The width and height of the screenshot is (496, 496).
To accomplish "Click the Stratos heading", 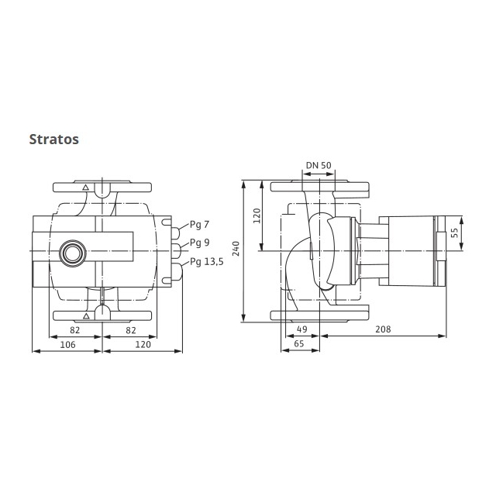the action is click(x=53, y=139).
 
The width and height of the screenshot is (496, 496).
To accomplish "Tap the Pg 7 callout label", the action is click(x=200, y=225).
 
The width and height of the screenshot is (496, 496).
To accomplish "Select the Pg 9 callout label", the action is click(x=200, y=243).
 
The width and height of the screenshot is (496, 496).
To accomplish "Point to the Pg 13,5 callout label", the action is click(x=207, y=262).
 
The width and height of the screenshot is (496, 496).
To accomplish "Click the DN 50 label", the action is click(x=319, y=165).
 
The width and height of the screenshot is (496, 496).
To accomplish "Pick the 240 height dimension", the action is click(x=236, y=248).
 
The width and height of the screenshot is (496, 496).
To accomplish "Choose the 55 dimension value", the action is click(x=454, y=233).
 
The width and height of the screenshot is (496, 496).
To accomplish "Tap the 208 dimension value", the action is click(x=383, y=329).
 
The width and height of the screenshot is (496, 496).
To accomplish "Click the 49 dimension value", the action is click(x=302, y=329).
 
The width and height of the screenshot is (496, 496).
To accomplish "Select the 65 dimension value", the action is click(x=299, y=343).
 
